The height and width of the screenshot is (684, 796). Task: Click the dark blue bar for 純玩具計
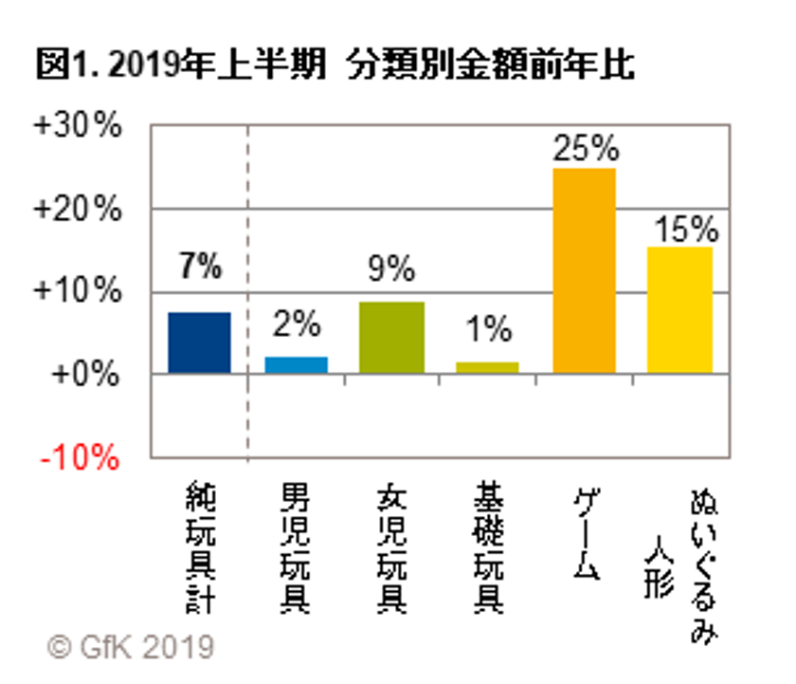[199, 342]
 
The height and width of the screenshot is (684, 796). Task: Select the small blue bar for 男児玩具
[296, 365]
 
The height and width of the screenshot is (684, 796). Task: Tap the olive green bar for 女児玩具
[392, 338]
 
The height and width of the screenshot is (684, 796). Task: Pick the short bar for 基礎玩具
[488, 367]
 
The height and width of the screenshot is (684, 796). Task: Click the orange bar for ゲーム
[584, 271]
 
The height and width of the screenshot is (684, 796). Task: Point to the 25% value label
[585, 149]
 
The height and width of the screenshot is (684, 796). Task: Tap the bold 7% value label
[199, 268]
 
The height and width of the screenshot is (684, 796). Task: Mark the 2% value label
[296, 325]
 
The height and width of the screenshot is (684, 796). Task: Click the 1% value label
[488, 329]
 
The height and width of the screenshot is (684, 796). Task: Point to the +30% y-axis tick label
[78, 126]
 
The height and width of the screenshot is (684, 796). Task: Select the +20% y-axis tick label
[78, 209]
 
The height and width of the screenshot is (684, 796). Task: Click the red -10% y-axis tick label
[80, 458]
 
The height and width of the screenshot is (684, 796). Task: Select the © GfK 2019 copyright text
[131, 648]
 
